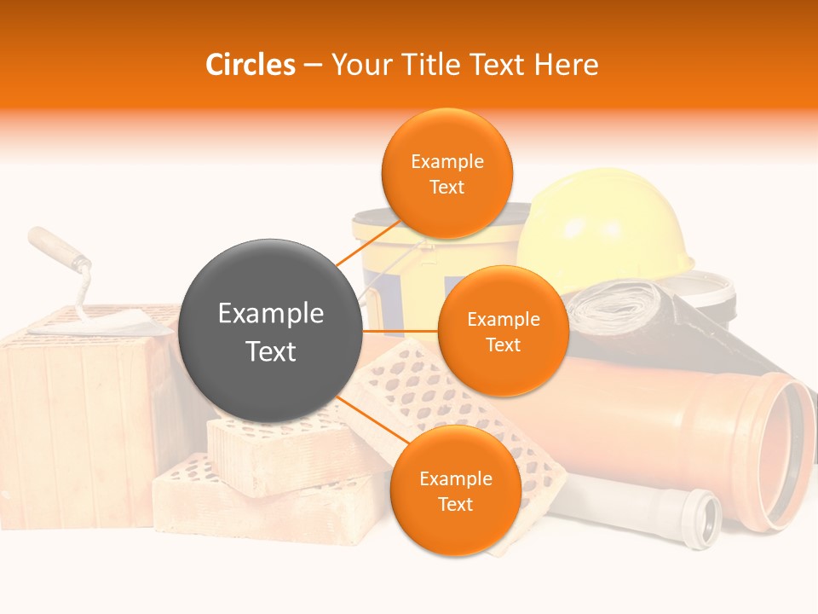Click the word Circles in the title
coord(251,65)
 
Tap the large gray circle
coord(271,331)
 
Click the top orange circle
coord(447,173)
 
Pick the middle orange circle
coord(503,331)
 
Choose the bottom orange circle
coord(455,490)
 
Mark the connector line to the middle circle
coord(400,331)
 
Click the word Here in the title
coord(567,65)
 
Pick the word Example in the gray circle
coord(271,314)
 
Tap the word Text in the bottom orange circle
coord(455,504)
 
